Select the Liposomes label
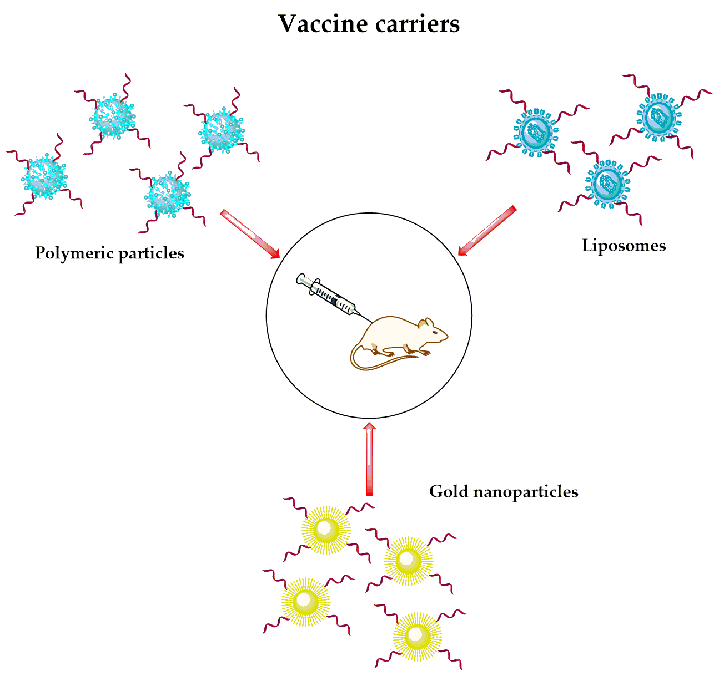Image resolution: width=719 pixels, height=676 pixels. click(624, 245)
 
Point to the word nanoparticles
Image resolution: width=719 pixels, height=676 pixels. click(526, 491)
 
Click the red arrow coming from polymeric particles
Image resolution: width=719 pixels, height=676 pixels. click(249, 233)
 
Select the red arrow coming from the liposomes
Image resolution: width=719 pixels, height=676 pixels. click(486, 231)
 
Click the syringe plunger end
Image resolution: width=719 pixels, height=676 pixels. click(300, 278)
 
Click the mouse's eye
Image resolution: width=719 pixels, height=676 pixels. click(434, 331)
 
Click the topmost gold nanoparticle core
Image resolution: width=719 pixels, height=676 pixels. click(326, 530)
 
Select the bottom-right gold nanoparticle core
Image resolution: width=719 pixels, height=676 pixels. click(417, 636)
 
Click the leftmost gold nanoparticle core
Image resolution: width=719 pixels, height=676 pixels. click(305, 601)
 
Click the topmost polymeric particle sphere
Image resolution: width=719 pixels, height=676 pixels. click(113, 117)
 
